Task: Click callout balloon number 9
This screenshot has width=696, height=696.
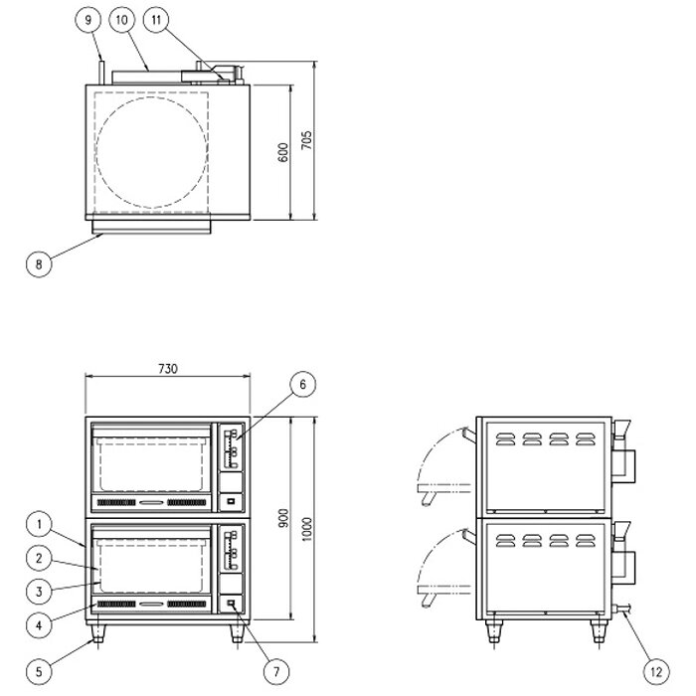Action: [87, 20]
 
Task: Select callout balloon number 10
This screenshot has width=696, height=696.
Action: [122, 20]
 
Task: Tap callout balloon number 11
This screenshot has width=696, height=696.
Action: [156, 20]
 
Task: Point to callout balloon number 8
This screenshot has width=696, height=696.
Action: [39, 264]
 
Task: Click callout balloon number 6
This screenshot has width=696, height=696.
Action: [302, 385]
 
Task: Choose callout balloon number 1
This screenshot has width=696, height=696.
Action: [39, 525]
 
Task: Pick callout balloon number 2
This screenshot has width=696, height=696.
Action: [39, 559]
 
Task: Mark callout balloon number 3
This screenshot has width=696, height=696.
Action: [39, 592]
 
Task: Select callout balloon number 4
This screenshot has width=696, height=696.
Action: [39, 625]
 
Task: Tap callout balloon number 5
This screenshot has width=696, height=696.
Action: [39, 671]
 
